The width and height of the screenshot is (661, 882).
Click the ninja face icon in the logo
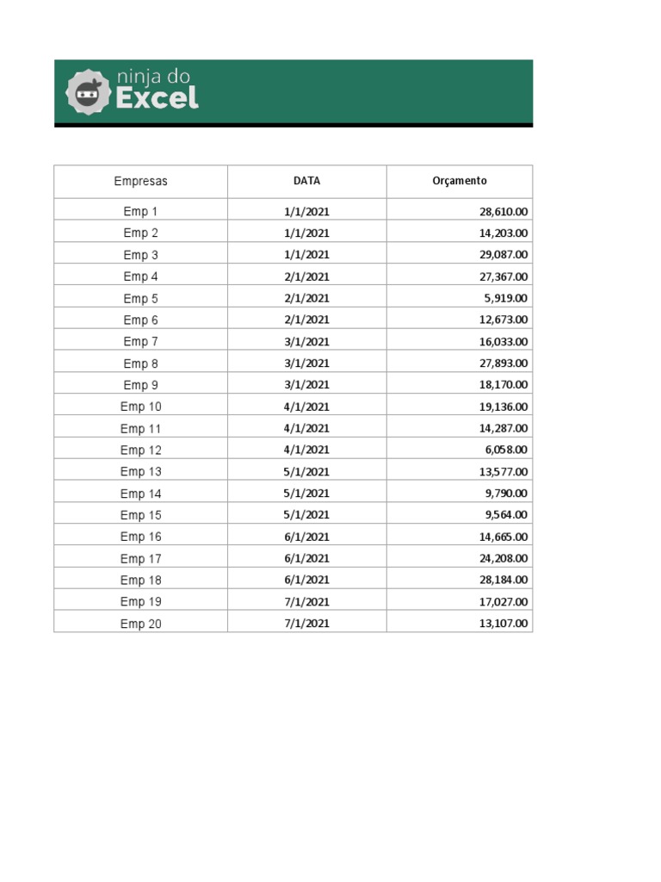point(89,91)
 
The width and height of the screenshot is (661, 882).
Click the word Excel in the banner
point(157,98)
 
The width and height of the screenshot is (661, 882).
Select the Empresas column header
point(140,182)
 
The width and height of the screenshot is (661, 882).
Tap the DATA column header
point(306,181)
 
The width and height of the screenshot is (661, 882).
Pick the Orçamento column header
point(459,181)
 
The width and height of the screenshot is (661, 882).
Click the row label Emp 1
point(140,211)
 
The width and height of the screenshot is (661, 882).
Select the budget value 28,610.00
point(503,211)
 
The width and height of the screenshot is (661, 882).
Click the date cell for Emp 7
point(306,342)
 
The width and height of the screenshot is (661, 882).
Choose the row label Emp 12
point(140,450)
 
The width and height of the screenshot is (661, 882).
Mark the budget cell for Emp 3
point(503,255)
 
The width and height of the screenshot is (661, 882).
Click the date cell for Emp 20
point(306,624)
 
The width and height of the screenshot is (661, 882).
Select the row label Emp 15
point(140,515)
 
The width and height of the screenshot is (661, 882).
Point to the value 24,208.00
point(503,558)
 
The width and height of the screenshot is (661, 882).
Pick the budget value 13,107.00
point(503,624)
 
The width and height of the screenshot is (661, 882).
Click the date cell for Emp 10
point(306,407)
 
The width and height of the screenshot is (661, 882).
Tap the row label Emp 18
point(140,581)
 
